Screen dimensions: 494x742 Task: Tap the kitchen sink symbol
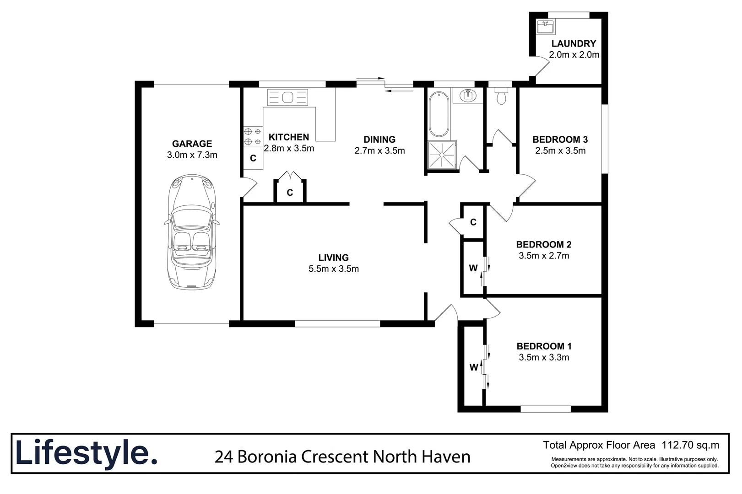tap(287, 97)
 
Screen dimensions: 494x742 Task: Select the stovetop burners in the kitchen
tap(253, 136)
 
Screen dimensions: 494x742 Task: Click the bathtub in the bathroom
tap(439, 114)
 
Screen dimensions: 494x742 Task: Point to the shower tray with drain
tap(442, 155)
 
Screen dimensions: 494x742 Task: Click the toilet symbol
tap(502, 96)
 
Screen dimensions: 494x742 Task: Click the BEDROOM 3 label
tap(560, 140)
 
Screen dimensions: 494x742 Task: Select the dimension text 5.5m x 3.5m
tap(333, 269)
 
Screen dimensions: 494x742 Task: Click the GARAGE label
tap(192, 144)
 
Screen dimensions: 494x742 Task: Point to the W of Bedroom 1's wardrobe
tap(473, 367)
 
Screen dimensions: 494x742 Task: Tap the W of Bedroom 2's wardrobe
tap(473, 268)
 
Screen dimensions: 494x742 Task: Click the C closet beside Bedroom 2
tap(473, 222)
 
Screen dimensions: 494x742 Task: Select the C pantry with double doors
tap(290, 193)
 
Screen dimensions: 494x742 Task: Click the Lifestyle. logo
tap(87, 453)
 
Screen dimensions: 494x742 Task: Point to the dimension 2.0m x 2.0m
tap(574, 55)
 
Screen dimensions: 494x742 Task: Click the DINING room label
tap(379, 140)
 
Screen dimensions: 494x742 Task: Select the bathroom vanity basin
tap(468, 96)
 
